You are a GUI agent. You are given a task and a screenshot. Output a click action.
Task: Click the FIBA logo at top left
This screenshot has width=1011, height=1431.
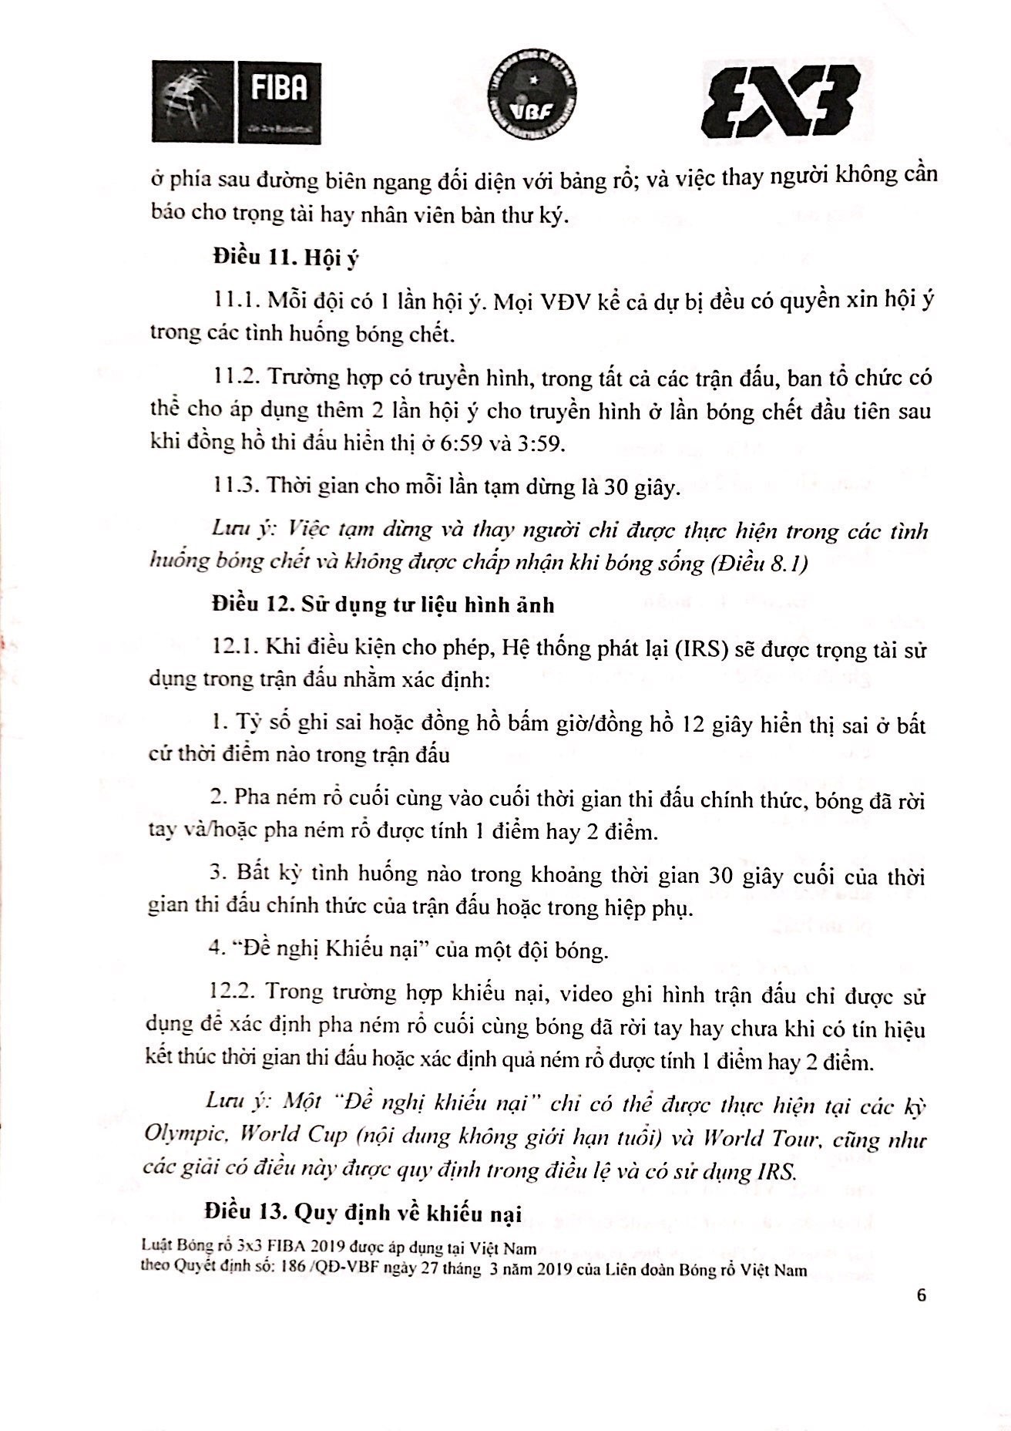(x=236, y=102)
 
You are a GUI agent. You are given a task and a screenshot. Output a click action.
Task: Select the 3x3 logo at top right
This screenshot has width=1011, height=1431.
(x=780, y=101)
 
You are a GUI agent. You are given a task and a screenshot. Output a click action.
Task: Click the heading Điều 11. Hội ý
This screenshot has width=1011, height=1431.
(x=286, y=258)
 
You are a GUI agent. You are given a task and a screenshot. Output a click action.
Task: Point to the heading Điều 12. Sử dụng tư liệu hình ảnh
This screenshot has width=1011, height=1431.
(x=383, y=604)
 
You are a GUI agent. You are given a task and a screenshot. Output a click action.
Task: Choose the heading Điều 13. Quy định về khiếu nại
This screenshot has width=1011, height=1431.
(x=363, y=1213)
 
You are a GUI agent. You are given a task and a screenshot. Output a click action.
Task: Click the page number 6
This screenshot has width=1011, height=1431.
(x=922, y=1295)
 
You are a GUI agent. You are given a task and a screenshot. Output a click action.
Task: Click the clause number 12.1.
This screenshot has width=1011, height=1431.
(x=234, y=647)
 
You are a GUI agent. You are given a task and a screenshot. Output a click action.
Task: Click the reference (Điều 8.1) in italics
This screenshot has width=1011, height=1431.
(x=759, y=564)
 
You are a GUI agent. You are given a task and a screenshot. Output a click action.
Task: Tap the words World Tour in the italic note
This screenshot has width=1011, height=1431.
(x=756, y=1137)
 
